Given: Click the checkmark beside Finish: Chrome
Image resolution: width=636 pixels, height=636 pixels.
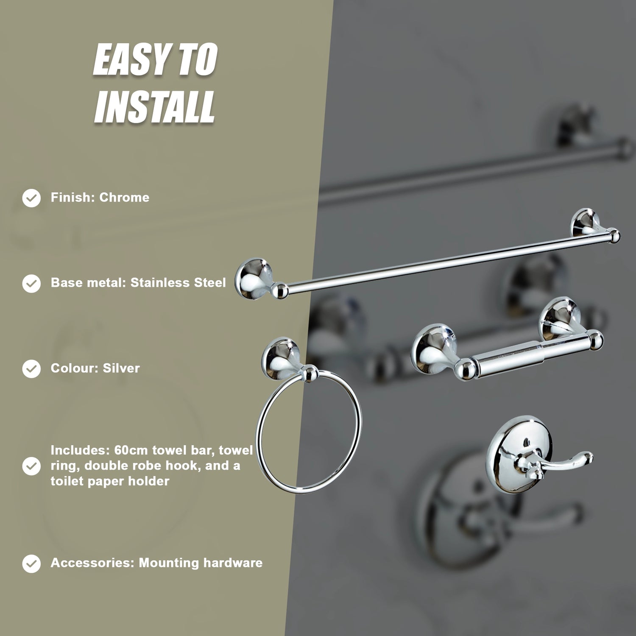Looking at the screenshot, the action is (x=31, y=198).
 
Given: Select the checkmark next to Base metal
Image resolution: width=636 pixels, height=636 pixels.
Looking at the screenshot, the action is (x=31, y=283).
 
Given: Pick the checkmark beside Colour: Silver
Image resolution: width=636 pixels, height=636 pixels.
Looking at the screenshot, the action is (x=31, y=368).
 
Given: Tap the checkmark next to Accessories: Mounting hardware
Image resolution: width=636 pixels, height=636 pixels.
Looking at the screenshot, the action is (x=31, y=563).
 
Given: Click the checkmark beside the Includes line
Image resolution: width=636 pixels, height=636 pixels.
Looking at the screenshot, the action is (x=31, y=466).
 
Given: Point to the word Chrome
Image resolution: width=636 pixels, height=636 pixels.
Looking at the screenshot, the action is (x=124, y=198).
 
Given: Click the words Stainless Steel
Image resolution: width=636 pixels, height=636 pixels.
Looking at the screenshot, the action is (x=178, y=282).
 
